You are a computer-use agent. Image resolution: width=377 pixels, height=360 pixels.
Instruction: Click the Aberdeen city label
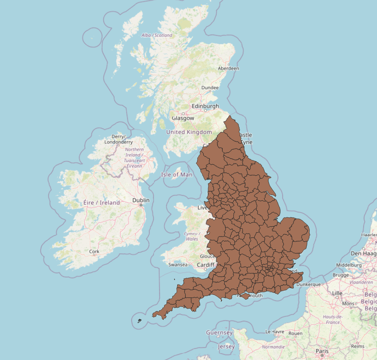pyautogui.click(x=229, y=68)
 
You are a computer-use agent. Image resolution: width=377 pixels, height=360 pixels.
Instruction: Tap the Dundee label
pyautogui.click(x=210, y=87)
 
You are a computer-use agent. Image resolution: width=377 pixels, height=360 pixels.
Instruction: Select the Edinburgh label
pyautogui.click(x=205, y=106)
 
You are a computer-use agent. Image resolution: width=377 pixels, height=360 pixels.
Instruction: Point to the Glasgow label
pyautogui.click(x=183, y=118)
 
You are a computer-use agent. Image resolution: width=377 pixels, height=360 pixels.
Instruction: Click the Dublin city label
pyautogui.click(x=141, y=200)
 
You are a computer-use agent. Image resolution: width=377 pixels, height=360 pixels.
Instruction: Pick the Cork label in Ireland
pyautogui.click(x=93, y=252)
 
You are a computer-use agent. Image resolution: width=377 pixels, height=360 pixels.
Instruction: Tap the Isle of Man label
pyautogui.click(x=177, y=174)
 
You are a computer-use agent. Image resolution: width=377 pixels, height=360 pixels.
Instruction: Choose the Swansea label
pyautogui.click(x=178, y=264)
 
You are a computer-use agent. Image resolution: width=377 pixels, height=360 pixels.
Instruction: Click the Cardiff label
pyautogui.click(x=205, y=265)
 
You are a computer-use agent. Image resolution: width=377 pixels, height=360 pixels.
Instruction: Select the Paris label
pyautogui.click(x=322, y=351)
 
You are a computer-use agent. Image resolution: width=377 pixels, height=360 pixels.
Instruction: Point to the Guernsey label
pyautogui.click(x=219, y=333)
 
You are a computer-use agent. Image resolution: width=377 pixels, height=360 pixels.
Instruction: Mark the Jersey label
pyautogui.click(x=226, y=346)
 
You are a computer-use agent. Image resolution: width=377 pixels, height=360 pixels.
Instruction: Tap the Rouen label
pyautogui.click(x=296, y=333)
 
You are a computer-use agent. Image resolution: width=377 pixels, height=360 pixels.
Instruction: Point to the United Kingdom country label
pyautogui.click(x=189, y=132)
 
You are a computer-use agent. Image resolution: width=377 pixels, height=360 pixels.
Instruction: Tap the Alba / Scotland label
pyautogui.click(x=157, y=35)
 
